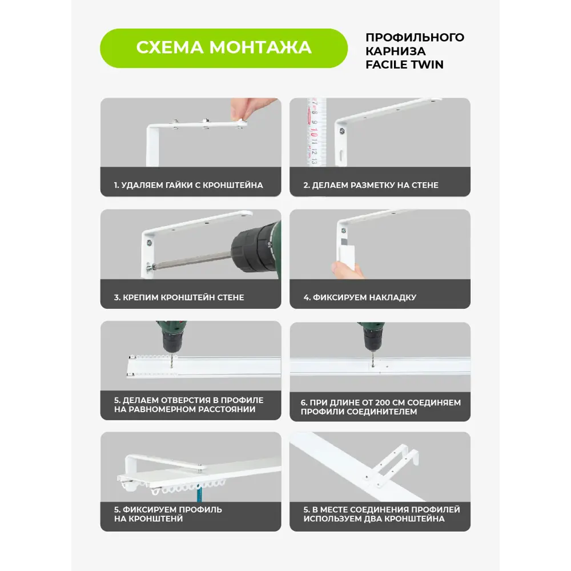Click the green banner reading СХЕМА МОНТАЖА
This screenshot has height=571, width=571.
click(223, 47)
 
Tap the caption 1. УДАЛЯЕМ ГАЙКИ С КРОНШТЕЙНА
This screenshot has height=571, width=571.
click(188, 185)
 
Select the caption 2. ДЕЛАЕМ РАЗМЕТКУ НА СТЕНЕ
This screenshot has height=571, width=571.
click(371, 185)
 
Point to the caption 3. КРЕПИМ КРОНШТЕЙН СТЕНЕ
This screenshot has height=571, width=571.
click(179, 297)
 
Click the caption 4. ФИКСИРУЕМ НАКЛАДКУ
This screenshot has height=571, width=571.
click(360, 297)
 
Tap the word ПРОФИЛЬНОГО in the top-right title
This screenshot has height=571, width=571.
click(415, 38)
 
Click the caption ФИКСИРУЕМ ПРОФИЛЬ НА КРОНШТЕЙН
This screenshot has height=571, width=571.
click(168, 514)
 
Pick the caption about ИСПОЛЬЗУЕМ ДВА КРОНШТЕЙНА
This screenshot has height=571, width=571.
click(381, 514)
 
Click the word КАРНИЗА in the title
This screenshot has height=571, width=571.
click(393, 51)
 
